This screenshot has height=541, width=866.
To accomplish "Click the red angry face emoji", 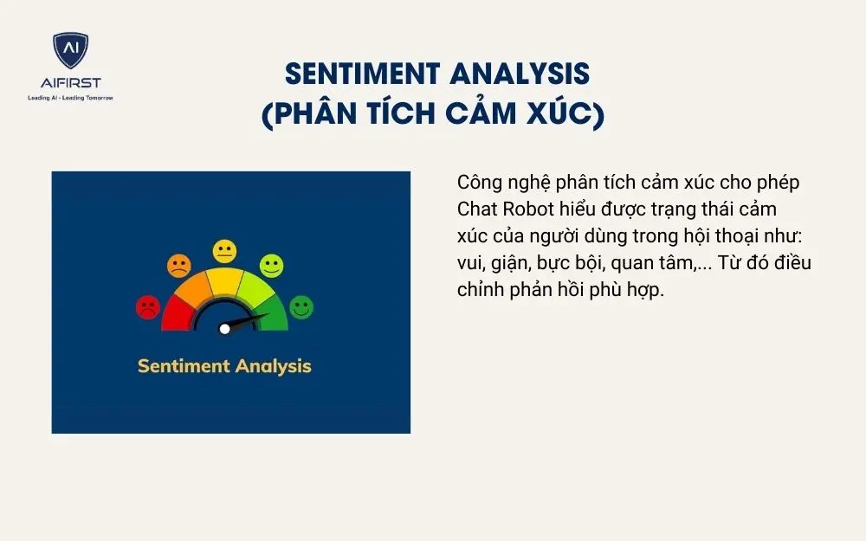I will click(148, 306).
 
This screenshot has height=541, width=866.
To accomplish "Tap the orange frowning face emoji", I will click(179, 266).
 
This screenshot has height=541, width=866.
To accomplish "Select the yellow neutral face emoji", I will click(225, 252).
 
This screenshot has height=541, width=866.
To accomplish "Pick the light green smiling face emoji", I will click(271, 266).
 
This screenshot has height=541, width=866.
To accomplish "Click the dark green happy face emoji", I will click(301, 306).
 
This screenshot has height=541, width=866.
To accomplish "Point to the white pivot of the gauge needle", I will click(225, 328).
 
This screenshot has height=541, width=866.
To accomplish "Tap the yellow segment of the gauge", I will click(224, 281).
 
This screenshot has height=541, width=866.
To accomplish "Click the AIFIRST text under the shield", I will click(70, 83).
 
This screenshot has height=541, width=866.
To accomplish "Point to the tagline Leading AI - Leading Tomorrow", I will click(70, 97).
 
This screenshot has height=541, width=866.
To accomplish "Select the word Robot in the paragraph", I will click(527, 210).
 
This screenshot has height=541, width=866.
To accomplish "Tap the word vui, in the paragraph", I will click(472, 263).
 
